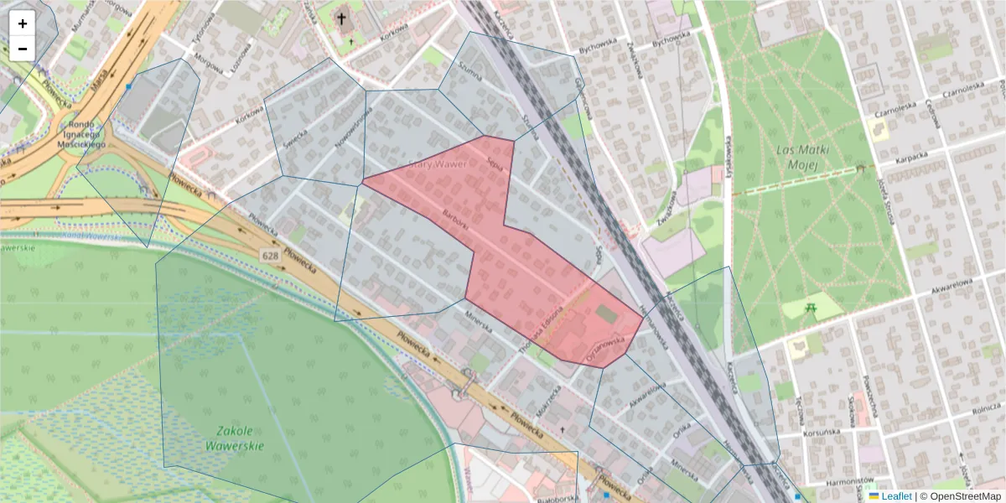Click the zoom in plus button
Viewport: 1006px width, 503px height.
click(23, 23)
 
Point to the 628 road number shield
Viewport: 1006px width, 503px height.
click(270, 255)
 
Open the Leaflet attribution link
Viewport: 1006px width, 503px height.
click(896, 496)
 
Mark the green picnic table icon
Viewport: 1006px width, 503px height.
click(810, 309)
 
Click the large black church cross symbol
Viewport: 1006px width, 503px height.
click(341, 18)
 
